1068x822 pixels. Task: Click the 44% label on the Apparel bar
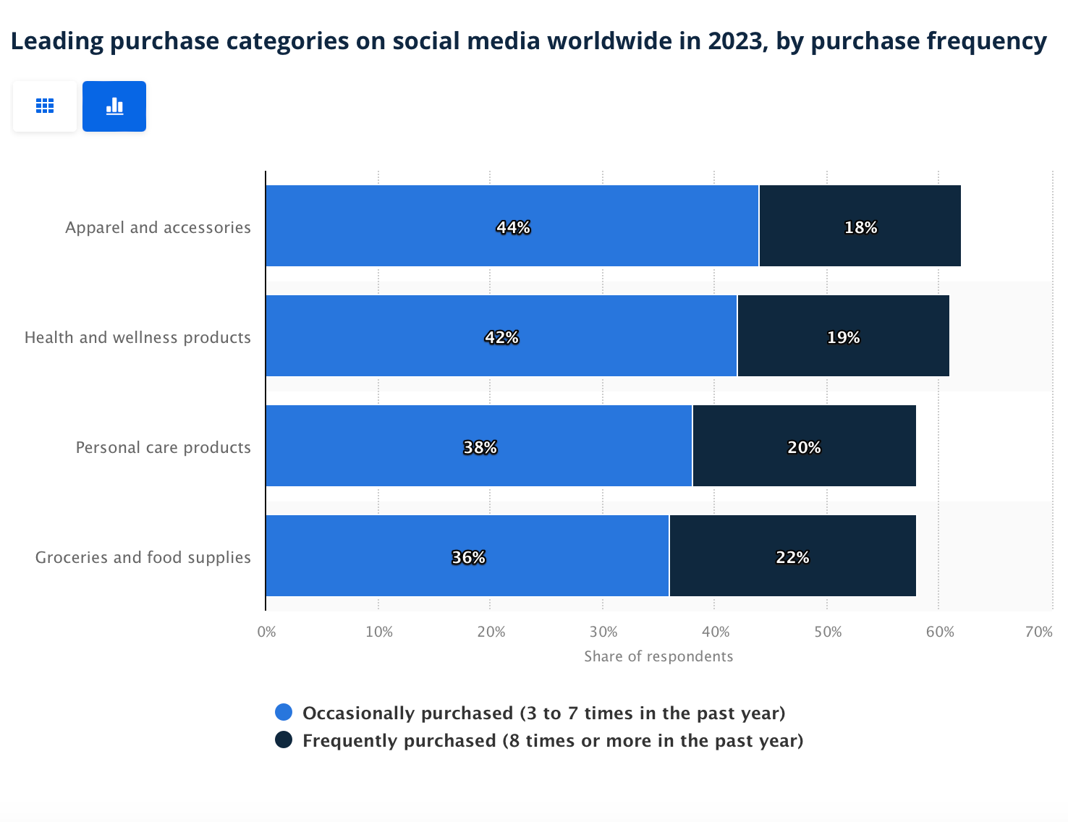click(513, 227)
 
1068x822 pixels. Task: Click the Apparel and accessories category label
click(158, 227)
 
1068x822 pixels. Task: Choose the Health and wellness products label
click(137, 337)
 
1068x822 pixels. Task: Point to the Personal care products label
click(163, 447)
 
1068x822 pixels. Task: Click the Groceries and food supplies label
click(143, 557)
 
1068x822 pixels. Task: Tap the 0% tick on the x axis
click(266, 632)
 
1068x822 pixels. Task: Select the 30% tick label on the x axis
click(603, 632)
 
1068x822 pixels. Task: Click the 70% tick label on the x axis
click(1038, 632)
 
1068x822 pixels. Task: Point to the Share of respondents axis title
click(658, 656)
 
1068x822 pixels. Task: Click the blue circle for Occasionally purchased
click(284, 712)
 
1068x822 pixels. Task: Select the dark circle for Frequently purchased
click(284, 740)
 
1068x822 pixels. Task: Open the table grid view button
click(45, 106)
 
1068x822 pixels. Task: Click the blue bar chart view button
click(114, 106)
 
